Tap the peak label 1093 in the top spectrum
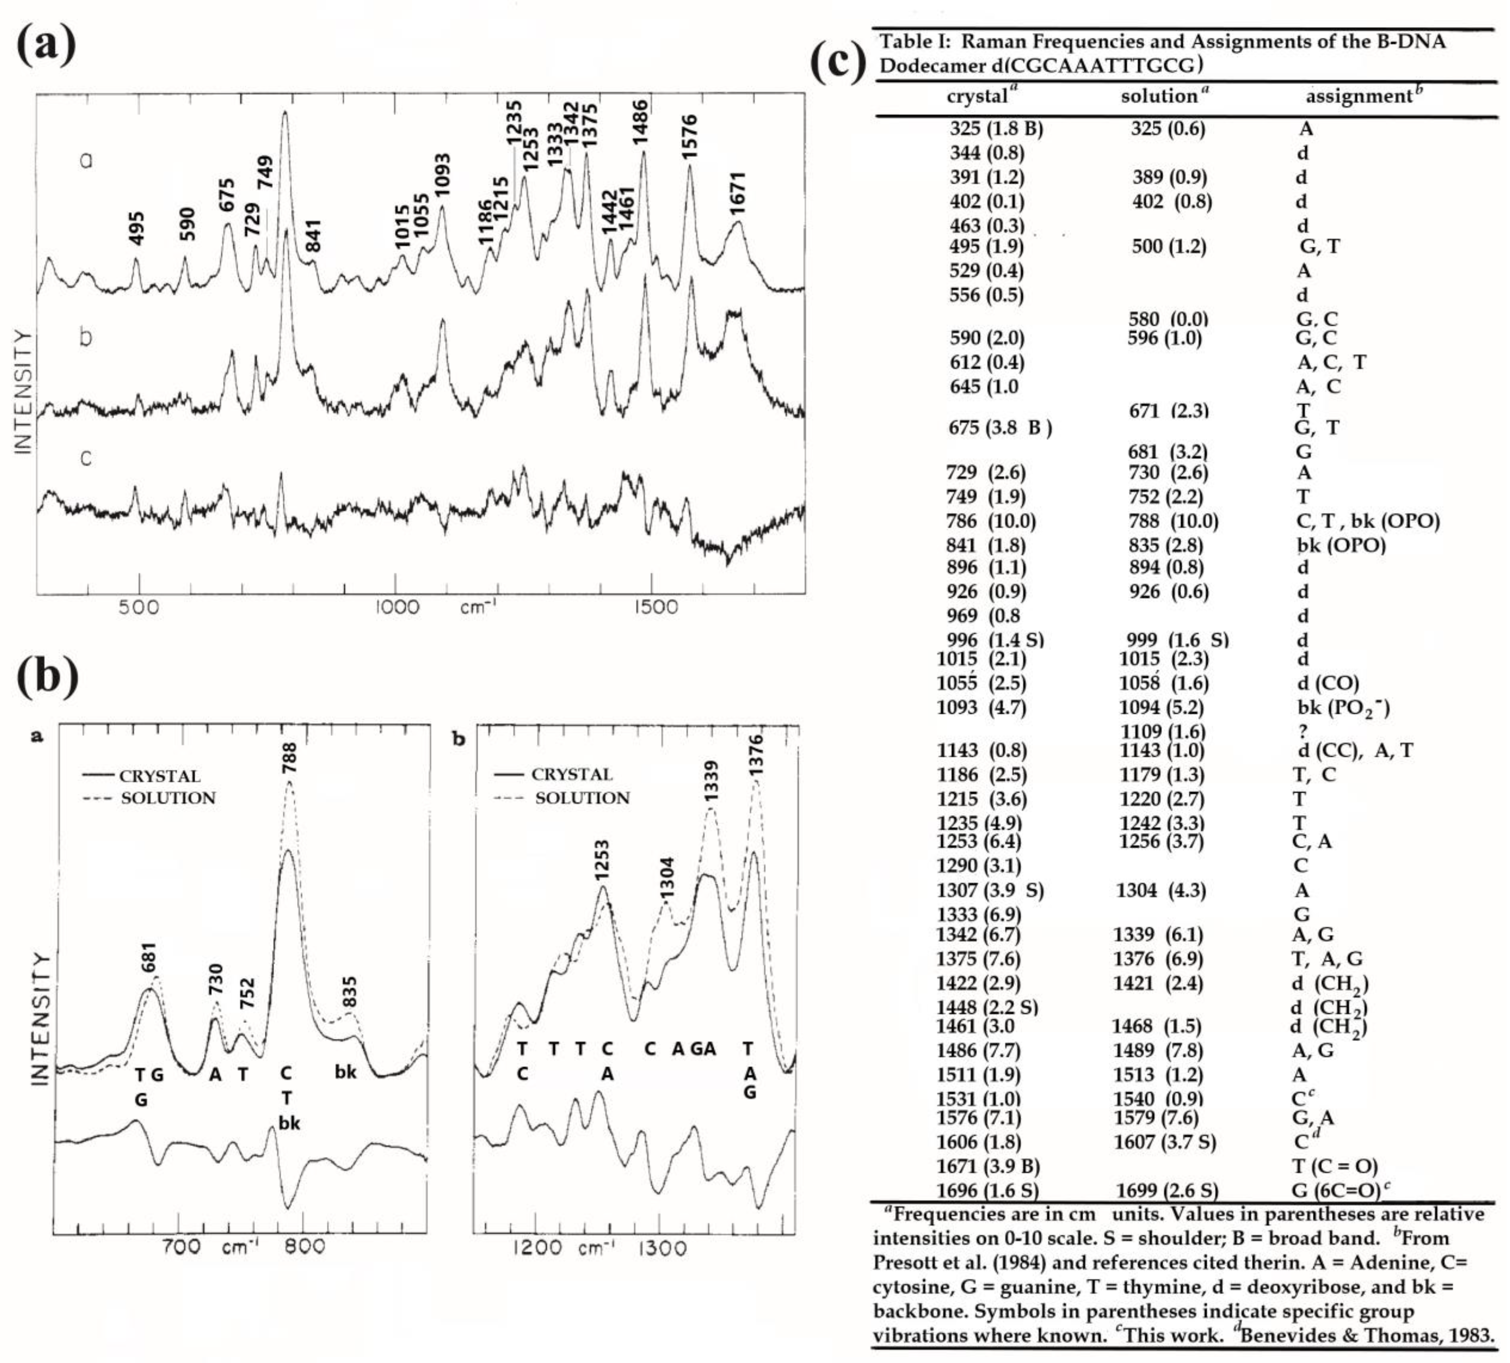[443, 175]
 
